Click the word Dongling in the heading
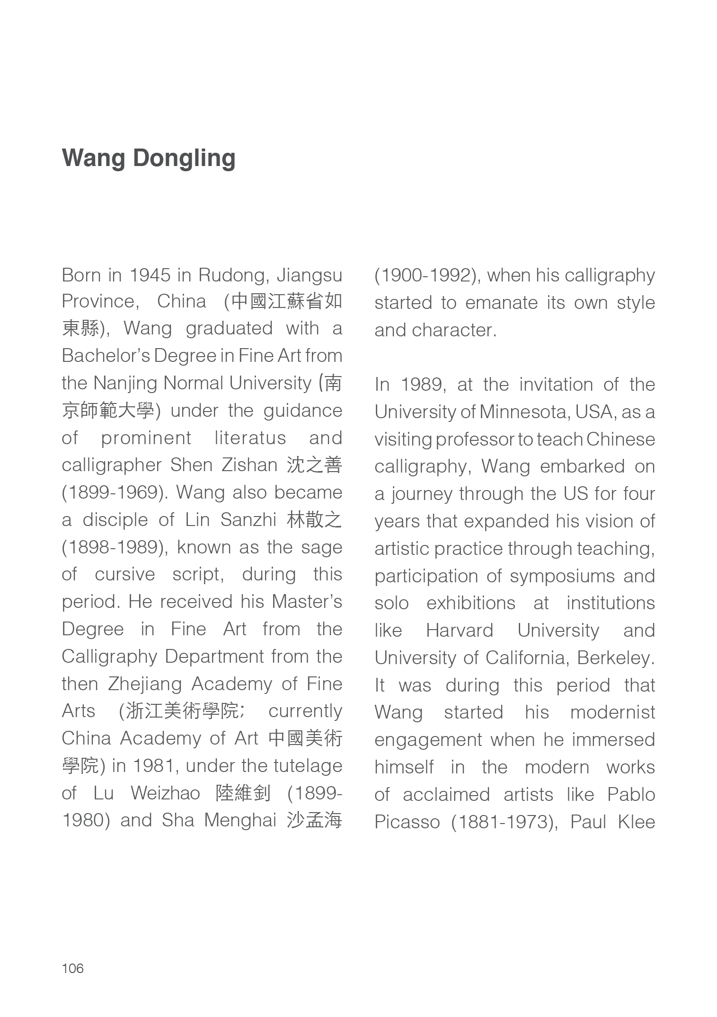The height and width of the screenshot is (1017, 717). pos(184,158)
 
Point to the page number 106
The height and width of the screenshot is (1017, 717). pos(72,968)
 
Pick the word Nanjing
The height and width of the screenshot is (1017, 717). pos(125,383)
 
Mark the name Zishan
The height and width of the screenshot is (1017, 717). pos(249,465)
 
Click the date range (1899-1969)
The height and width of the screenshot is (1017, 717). pos(115,492)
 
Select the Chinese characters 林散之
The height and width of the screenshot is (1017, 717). pos(314,520)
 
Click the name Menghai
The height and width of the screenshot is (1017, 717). pos(240,821)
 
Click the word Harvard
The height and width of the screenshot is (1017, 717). pos(459,631)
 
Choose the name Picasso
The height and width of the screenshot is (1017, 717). pos(407,822)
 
